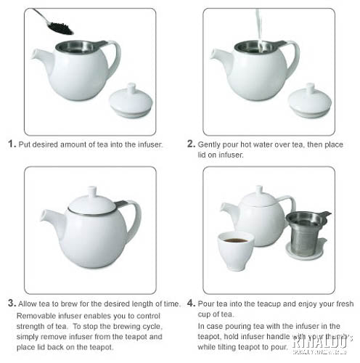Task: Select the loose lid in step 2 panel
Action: click(309, 101)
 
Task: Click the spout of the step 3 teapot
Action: click(50, 218)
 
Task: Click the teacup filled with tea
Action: click(236, 249)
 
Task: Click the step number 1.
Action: click(12, 144)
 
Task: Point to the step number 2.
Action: click(191, 144)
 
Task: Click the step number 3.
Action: click(12, 302)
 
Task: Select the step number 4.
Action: click(191, 302)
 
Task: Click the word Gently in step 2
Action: click(211, 144)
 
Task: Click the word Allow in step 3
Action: click(29, 303)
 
